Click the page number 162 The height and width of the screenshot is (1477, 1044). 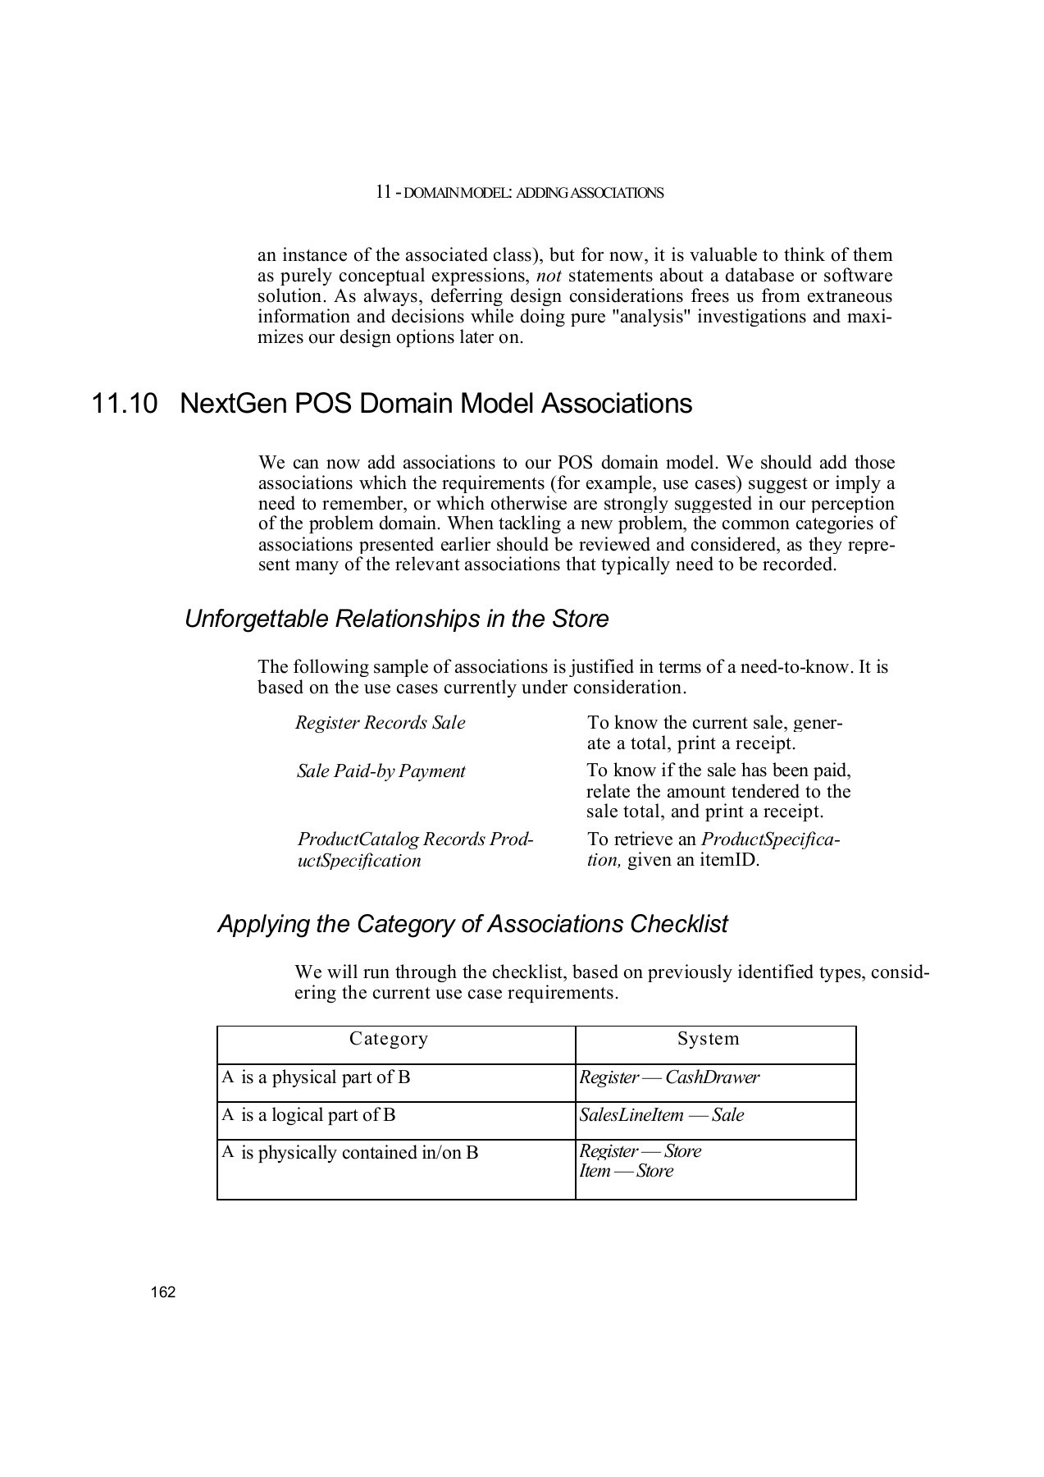pos(163,1292)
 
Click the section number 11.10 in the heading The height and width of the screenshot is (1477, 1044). pos(124,404)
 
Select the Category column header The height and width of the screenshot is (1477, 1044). pos(388,1039)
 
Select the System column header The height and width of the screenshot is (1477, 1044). pos(708,1039)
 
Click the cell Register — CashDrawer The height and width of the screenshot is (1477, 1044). pos(669,1077)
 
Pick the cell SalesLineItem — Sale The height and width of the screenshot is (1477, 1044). pos(661,1115)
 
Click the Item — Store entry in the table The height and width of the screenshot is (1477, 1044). pos(626,1172)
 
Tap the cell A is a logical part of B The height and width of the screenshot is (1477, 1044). pos(309,1115)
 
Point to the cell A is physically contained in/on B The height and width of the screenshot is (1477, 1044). pos(350,1153)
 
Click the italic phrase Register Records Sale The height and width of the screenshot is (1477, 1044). pos(380,723)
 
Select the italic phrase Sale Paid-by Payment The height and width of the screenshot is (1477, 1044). pos(381,771)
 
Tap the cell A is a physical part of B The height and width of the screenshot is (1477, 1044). pos(316,1077)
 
